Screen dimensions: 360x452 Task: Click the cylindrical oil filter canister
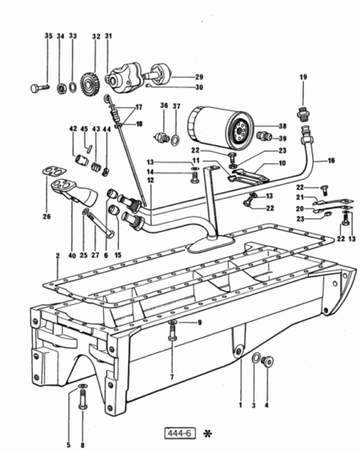[x=222, y=127]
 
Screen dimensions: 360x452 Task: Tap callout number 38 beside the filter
[x=282, y=126]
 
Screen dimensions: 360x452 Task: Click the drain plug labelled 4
[x=267, y=362]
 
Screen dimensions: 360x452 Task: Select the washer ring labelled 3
[x=256, y=357]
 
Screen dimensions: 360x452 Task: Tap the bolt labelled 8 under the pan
[x=83, y=399]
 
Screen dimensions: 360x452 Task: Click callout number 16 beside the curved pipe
[x=332, y=160]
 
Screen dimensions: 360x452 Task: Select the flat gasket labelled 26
[x=54, y=172]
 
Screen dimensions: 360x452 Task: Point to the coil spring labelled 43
[x=96, y=167]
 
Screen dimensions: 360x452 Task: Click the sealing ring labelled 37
[x=175, y=140]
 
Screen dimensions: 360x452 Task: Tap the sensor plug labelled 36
[x=162, y=137]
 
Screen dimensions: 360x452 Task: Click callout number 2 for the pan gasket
[x=58, y=255]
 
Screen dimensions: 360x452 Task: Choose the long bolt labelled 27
[x=99, y=224]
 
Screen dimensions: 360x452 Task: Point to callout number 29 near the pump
[x=199, y=77]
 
